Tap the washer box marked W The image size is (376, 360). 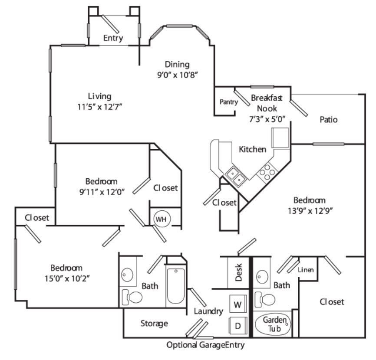[x=237, y=304]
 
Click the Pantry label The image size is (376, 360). [x=228, y=102]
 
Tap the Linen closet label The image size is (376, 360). [x=306, y=270]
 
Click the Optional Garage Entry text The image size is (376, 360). [x=205, y=346]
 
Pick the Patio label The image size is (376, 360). [x=329, y=119]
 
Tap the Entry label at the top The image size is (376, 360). [x=113, y=38]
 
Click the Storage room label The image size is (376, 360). [x=154, y=324]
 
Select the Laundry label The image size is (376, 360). [x=208, y=311]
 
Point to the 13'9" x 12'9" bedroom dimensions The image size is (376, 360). [x=310, y=211]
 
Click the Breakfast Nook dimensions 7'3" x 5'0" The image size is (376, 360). [x=267, y=120]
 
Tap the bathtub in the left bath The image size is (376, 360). [x=176, y=286]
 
